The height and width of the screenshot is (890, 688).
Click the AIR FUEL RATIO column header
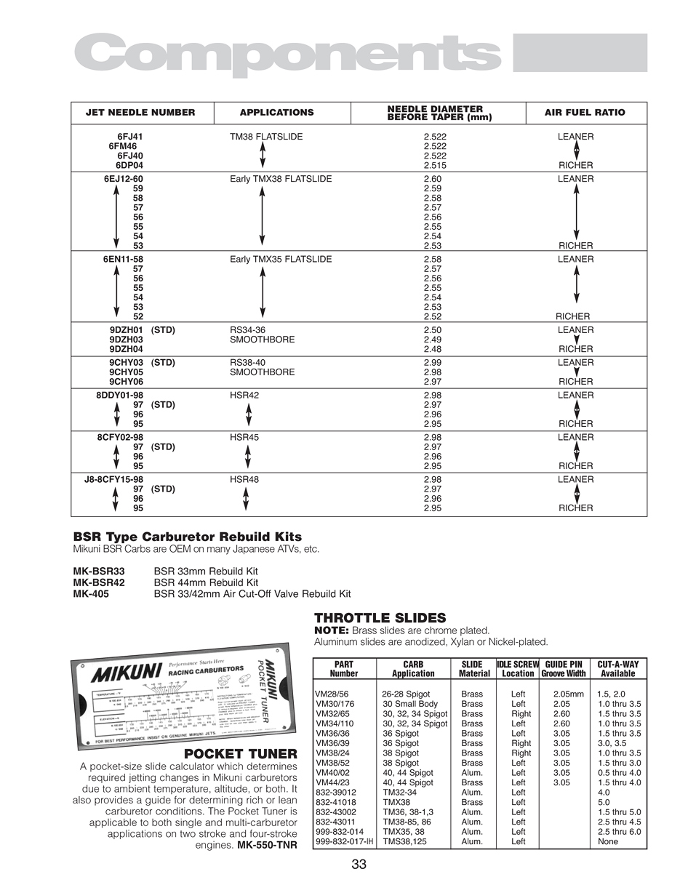pyautogui.click(x=585, y=113)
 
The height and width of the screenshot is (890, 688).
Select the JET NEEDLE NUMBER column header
pyautogui.click(x=140, y=113)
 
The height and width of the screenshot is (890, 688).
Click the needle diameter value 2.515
pyautogui.click(x=435, y=165)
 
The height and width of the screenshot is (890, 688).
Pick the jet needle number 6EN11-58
pyautogui.click(x=121, y=260)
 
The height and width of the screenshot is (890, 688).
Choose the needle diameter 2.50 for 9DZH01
pyautogui.click(x=432, y=330)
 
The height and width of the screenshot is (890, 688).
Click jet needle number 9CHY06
pyautogui.click(x=126, y=382)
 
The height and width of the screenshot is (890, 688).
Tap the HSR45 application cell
pyautogui.click(x=244, y=438)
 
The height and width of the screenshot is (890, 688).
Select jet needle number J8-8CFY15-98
pyautogui.click(x=113, y=480)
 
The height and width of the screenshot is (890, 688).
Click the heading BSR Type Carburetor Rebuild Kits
pyautogui.click(x=188, y=537)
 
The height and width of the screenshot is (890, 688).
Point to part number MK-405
pyautogui.click(x=91, y=594)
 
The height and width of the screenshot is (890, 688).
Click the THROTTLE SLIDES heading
pyautogui.click(x=380, y=618)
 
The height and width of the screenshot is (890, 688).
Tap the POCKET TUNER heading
pyautogui.click(x=241, y=754)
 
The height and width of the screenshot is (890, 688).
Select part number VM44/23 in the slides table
pyautogui.click(x=333, y=782)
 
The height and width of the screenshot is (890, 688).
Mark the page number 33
pyautogui.click(x=359, y=865)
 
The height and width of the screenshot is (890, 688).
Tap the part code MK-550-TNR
pyautogui.click(x=267, y=846)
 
